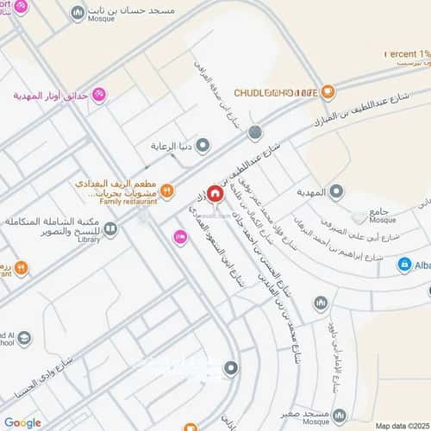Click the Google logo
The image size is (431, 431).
[x=22, y=422]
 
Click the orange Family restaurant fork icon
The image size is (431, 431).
[x=167, y=190]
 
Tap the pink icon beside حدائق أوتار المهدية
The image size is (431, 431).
[x=98, y=94]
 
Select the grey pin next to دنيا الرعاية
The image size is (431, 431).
[x=203, y=145]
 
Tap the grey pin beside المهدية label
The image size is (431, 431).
[x=337, y=190]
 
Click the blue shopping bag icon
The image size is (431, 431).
[x=403, y=265]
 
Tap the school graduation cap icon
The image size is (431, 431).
[x=23, y=337]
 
